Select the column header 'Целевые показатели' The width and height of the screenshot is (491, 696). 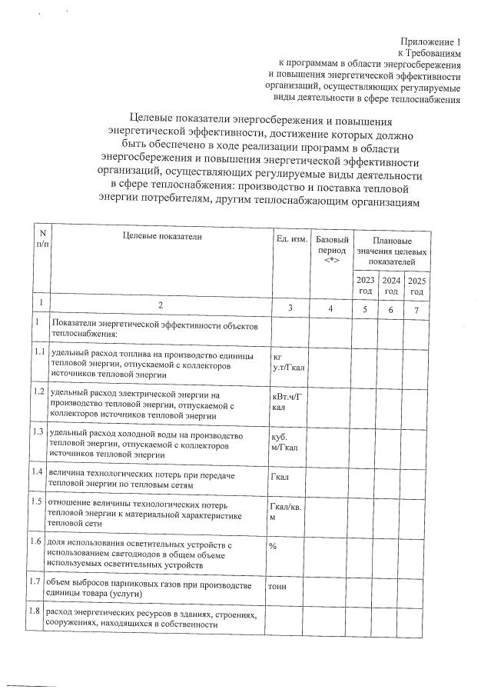(161, 237)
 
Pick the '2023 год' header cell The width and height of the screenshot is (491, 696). (367, 285)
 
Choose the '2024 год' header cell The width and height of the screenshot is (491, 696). (392, 285)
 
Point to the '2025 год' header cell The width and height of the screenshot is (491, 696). (416, 285)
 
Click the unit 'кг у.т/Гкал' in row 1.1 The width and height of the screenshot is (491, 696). (288, 362)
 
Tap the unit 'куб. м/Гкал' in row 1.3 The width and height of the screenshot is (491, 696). (285, 443)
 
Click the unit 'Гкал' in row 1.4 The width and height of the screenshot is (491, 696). (280, 477)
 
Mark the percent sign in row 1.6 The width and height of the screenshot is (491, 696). (274, 545)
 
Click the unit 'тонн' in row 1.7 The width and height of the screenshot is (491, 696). (277, 586)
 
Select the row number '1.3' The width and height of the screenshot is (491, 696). (35, 432)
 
